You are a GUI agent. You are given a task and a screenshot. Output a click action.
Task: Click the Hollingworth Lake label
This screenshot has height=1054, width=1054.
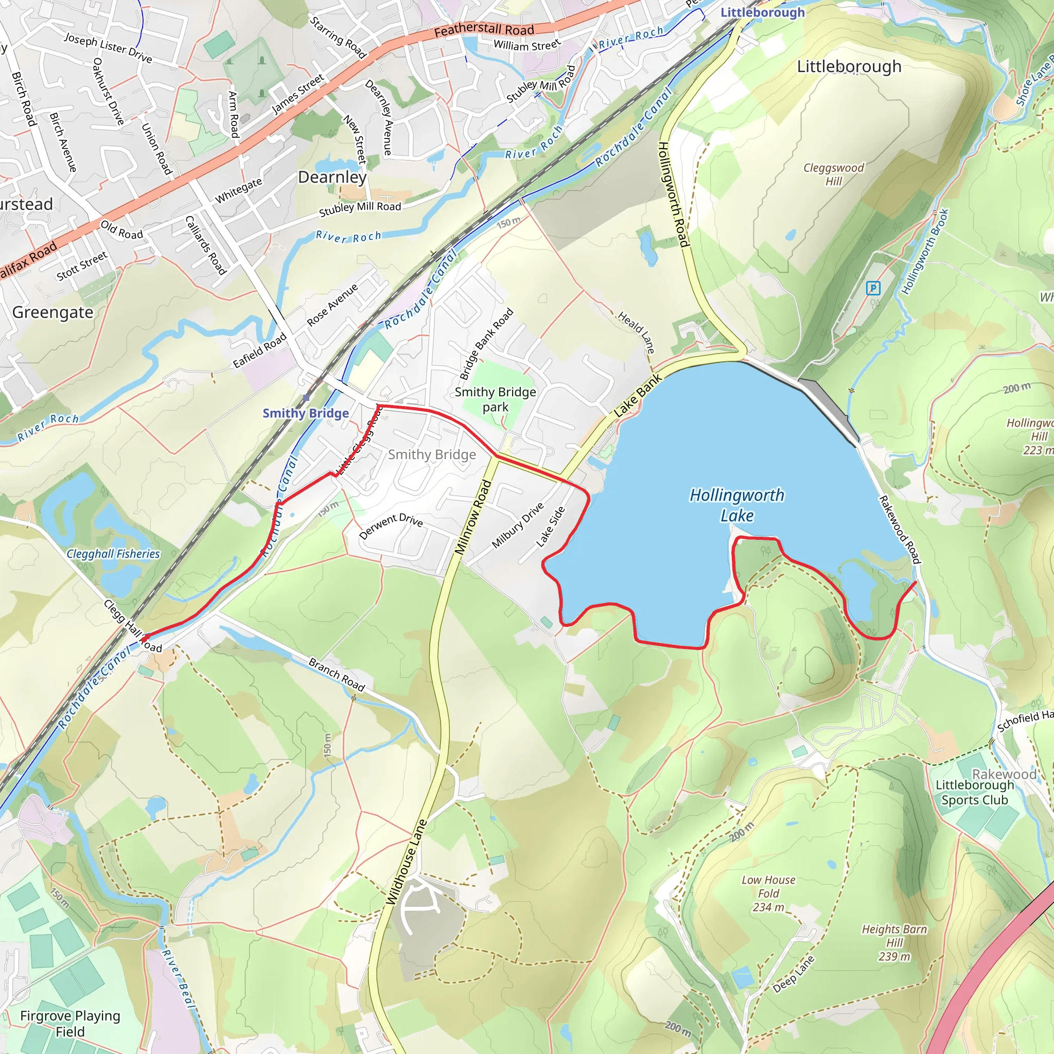(736, 505)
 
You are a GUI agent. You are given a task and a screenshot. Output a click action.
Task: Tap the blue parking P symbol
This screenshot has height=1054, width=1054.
(873, 288)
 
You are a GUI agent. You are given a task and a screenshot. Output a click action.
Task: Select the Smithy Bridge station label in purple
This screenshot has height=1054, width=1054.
(306, 413)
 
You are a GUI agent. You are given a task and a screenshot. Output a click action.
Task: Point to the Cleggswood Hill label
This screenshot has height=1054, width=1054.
(833, 174)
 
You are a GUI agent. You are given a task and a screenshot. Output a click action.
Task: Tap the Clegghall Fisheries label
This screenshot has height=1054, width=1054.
(113, 554)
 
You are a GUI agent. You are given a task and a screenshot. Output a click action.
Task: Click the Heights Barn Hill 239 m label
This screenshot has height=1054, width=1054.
(893, 942)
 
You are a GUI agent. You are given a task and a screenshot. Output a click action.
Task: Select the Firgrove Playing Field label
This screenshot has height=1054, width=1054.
(70, 1024)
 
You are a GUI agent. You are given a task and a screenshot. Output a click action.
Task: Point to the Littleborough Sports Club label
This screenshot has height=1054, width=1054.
(974, 792)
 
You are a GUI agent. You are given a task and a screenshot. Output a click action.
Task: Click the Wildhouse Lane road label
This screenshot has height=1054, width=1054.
(406, 863)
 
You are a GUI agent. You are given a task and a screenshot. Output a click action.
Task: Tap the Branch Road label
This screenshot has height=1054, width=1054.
(337, 674)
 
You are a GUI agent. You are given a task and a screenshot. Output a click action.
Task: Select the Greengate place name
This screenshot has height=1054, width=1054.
(52, 312)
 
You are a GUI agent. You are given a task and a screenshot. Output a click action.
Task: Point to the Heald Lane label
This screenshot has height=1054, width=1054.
(636, 332)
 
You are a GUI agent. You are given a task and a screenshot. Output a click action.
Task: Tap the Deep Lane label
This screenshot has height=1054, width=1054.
(793, 974)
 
